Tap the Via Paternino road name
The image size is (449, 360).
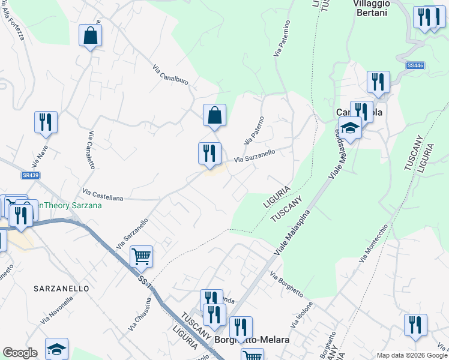tap(282, 38)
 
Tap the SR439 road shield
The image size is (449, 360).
tap(29, 175)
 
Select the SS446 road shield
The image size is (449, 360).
tap(415, 65)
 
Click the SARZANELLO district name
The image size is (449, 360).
tap(62, 289)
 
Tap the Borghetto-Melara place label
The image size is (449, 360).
tap(252, 340)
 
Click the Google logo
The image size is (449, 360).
tap(20, 353)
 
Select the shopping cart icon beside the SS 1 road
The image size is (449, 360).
tap(141, 256)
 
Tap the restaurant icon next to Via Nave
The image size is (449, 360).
tap(46, 122)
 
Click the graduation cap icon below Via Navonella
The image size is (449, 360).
tap(56, 349)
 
